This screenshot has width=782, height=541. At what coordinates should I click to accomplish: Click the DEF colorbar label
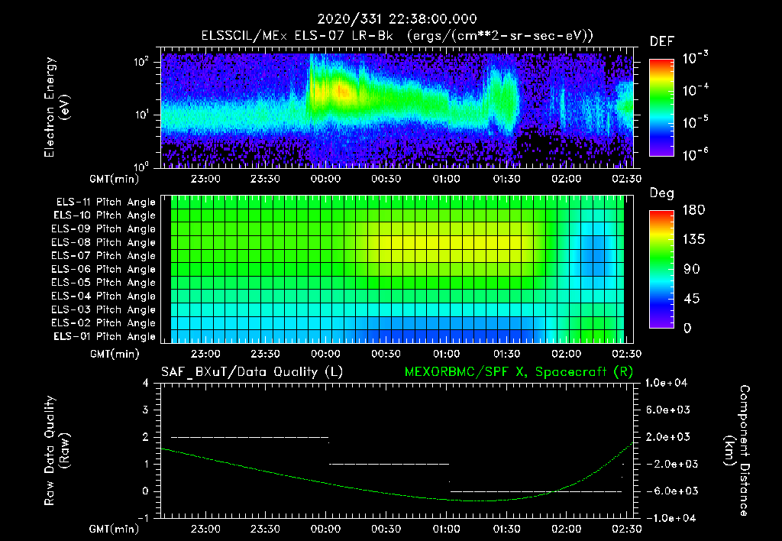661,41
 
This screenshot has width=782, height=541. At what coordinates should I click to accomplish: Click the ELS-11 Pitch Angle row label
104,202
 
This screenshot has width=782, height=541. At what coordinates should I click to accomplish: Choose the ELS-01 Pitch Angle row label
104,336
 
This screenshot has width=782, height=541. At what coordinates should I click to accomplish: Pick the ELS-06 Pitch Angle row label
104,269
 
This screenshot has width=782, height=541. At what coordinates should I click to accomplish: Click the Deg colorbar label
661,193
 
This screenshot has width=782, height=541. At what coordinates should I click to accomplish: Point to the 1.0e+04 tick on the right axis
669,383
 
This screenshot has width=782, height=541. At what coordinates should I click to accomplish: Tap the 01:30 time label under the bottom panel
506,529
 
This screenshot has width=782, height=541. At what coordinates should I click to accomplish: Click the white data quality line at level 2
249,437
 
